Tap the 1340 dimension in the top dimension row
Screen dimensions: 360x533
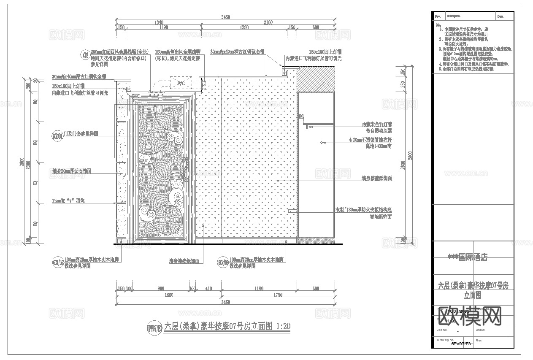point(159,22)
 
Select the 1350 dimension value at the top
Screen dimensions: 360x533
point(244,27)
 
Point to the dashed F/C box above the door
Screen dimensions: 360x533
point(180,83)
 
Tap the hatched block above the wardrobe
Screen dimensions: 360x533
point(316,81)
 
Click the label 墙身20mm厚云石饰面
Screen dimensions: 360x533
point(71,171)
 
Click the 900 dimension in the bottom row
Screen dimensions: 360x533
point(161,289)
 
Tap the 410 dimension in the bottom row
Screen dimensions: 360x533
point(208,289)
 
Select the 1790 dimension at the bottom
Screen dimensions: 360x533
point(278,295)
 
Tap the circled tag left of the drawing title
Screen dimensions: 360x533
point(154,328)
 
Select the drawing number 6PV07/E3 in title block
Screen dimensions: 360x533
point(461,344)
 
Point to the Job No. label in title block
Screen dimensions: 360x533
point(443,330)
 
